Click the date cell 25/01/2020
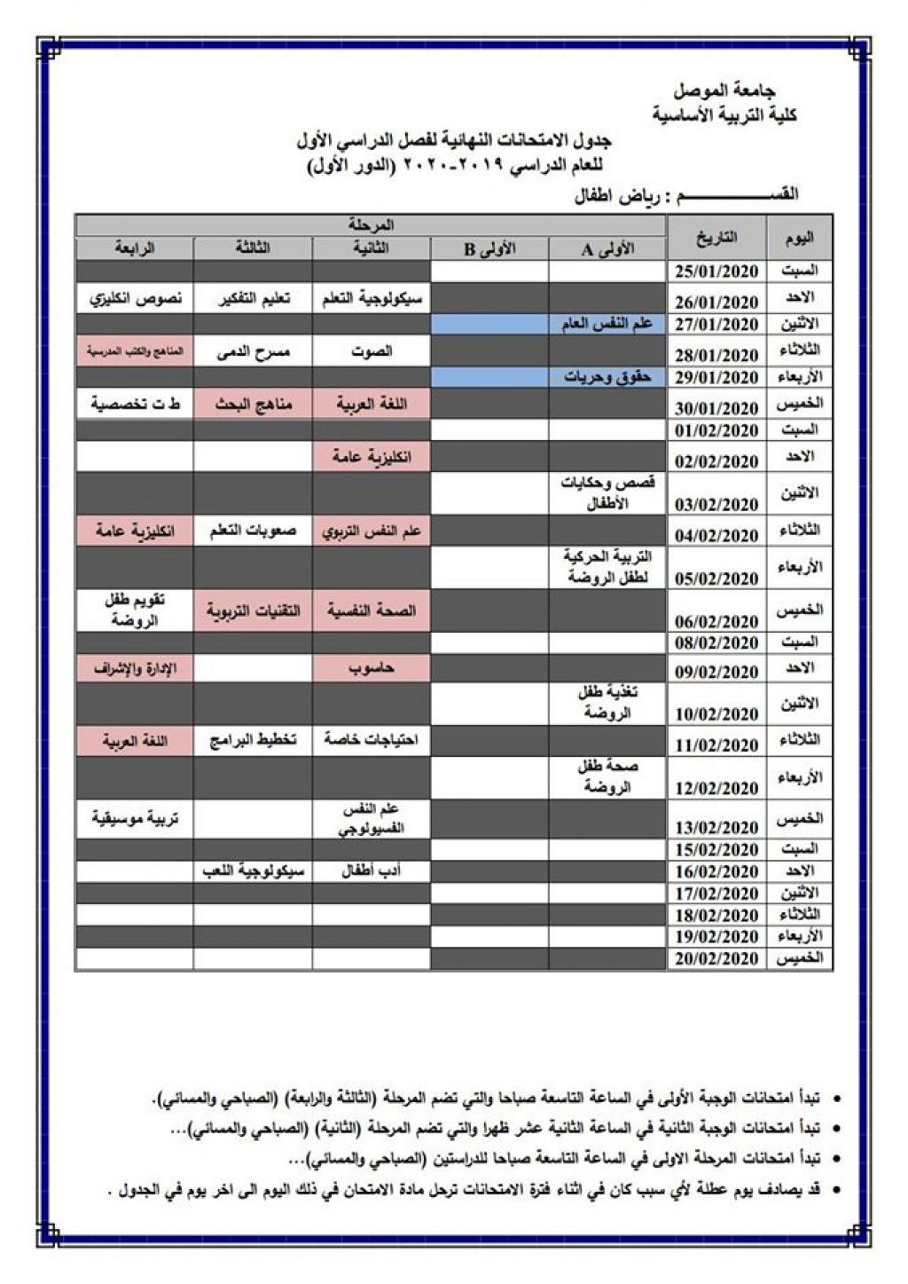pyautogui.click(x=716, y=272)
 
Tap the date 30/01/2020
pyautogui.click(x=716, y=408)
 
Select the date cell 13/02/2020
pyautogui.click(x=716, y=827)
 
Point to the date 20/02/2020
pyautogui.click(x=716, y=958)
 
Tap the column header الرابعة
pyautogui.click(x=135, y=248)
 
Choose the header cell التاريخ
pyautogui.click(x=716, y=238)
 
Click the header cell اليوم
pyautogui.click(x=799, y=238)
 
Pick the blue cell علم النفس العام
pyautogui.click(x=607, y=324)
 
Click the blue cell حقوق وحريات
pyautogui.click(x=607, y=377)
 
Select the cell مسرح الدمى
pyautogui.click(x=253, y=351)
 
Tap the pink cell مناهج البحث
pyautogui.click(x=253, y=405)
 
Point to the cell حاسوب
pyautogui.click(x=372, y=668)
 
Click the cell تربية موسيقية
pyautogui.click(x=135, y=818)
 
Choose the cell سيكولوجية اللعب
pyautogui.click(x=253, y=871)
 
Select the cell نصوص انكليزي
pyautogui.click(x=135, y=298)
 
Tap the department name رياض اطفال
pyautogui.click(x=612, y=195)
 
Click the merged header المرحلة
pyautogui.click(x=372, y=225)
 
